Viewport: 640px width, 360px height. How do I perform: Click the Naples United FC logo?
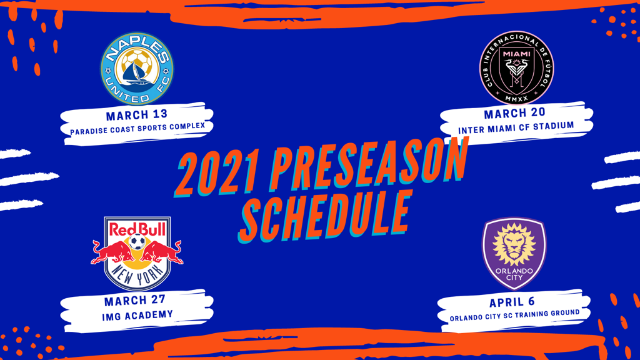pos(137,69)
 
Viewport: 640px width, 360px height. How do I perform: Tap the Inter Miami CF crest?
pos(516,67)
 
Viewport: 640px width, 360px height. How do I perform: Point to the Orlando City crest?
pos(514,254)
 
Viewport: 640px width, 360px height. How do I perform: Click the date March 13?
pos(136,116)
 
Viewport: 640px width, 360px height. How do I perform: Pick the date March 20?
pos(514,113)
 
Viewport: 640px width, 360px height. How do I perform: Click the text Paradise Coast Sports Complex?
pos(137,129)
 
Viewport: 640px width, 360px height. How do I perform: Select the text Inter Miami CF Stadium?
pos(516,127)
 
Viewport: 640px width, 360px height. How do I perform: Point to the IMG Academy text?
pos(137,314)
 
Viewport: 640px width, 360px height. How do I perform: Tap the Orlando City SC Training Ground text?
pos(514,314)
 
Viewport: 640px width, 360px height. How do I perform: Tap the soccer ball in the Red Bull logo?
pos(137,243)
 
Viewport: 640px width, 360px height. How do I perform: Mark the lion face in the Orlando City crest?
pos(514,246)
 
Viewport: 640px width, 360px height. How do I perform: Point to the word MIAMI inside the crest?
pos(516,54)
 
